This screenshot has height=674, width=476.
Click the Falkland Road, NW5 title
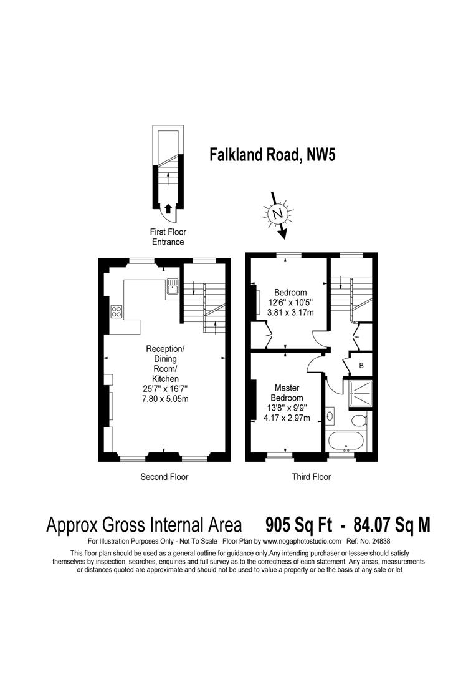[272, 154]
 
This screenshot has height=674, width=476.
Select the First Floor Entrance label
[167, 237]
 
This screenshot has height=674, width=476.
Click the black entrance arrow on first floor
[168, 208]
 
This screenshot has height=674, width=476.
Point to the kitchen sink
[173, 288]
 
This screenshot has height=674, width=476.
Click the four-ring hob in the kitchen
[116, 312]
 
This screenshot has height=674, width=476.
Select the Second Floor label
[164, 477]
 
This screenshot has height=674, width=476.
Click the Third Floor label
[312, 477]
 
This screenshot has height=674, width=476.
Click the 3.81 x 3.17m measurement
[290, 313]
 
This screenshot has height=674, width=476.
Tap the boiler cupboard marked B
[361, 363]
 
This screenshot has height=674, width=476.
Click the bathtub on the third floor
[347, 440]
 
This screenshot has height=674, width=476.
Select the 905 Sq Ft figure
[300, 524]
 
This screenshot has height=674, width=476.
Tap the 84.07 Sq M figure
[391, 524]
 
